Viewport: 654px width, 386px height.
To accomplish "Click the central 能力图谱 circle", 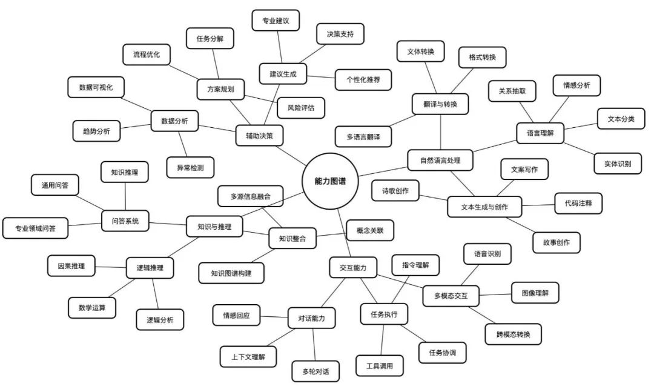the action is coord(330,181).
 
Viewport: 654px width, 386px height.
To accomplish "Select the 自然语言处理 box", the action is coord(440,160).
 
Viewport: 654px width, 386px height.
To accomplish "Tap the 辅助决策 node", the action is coord(259,136).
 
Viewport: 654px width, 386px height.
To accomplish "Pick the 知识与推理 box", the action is coord(214,227).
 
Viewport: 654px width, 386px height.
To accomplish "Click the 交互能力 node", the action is coord(353,267).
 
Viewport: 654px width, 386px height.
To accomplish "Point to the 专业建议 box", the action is coord(276,21).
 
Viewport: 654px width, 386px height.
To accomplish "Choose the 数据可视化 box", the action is coord(96,87).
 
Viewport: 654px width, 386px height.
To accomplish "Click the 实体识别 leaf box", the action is coord(618,164).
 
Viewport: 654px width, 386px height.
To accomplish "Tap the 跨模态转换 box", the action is coord(514,334).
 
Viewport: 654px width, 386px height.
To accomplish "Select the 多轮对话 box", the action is coord(315,371).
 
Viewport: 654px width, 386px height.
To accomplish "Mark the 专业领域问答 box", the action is coord(36,228).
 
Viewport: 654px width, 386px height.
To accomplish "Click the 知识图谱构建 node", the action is coord(231,273).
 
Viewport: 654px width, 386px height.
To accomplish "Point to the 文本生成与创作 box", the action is coord(484,207).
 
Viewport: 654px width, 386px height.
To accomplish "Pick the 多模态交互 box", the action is coord(451,296).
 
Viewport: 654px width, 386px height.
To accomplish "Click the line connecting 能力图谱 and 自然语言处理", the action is coord(383,171).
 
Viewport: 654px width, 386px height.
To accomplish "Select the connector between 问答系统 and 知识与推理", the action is coord(167,224).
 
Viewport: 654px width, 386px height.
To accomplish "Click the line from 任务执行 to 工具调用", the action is coord(382,340).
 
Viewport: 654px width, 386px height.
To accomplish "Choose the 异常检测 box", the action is coord(191,168).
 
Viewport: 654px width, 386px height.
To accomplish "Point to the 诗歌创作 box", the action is coord(395,191).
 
